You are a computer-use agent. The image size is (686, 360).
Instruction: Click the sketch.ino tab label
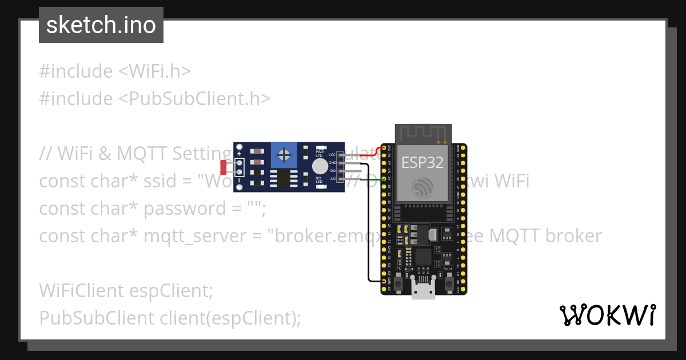click(x=101, y=25)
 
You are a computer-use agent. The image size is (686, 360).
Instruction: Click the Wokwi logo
click(x=607, y=315)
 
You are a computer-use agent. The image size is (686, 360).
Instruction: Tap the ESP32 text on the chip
click(x=422, y=162)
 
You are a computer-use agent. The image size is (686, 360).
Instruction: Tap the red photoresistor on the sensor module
click(x=224, y=167)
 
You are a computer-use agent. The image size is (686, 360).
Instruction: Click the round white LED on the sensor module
click(x=320, y=166)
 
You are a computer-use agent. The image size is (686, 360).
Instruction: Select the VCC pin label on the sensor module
click(x=332, y=155)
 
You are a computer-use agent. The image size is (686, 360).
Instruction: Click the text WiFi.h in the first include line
click(x=159, y=71)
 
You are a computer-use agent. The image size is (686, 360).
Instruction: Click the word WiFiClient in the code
click(x=79, y=291)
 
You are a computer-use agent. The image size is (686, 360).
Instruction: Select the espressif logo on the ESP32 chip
click(x=422, y=187)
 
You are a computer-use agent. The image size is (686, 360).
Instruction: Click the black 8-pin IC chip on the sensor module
click(x=283, y=178)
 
